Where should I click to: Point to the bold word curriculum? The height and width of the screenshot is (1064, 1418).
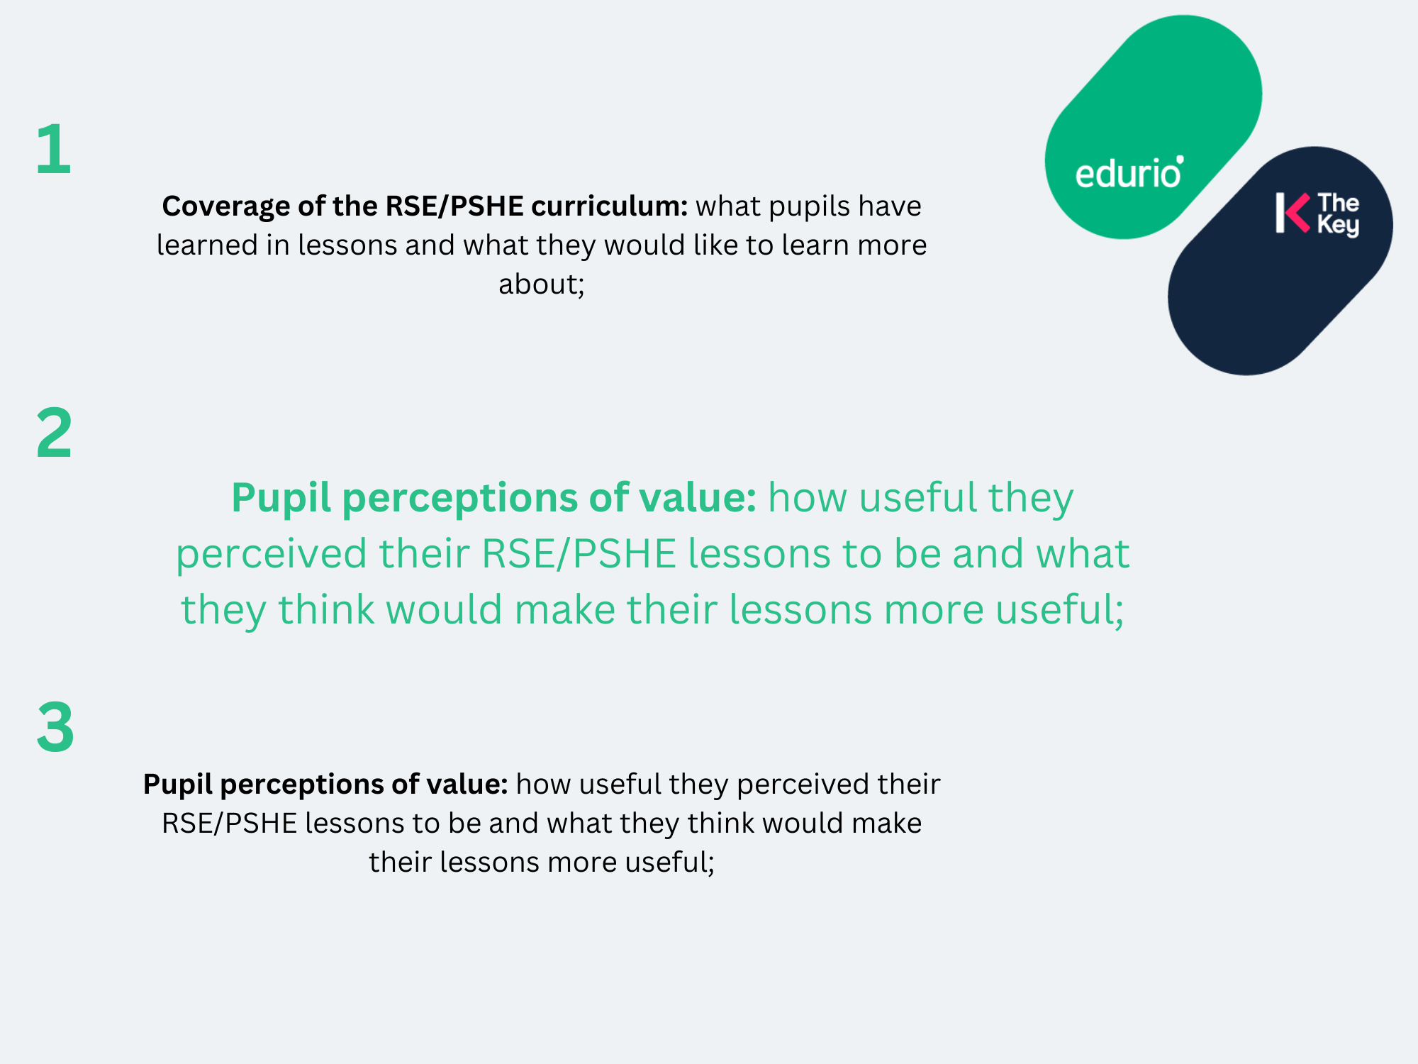coord(610,206)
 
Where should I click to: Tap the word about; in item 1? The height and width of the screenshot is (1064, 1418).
coord(542,284)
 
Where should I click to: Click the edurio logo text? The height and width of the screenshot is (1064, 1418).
coord(1128,172)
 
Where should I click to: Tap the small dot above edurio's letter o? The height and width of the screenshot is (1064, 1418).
coord(1180,160)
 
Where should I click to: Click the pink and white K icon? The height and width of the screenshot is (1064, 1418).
coord(1293,212)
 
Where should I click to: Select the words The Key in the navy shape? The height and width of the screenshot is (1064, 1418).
coord(1339,214)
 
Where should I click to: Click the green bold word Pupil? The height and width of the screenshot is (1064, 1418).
coord(281,498)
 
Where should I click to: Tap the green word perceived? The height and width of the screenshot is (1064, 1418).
coord(272,554)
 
